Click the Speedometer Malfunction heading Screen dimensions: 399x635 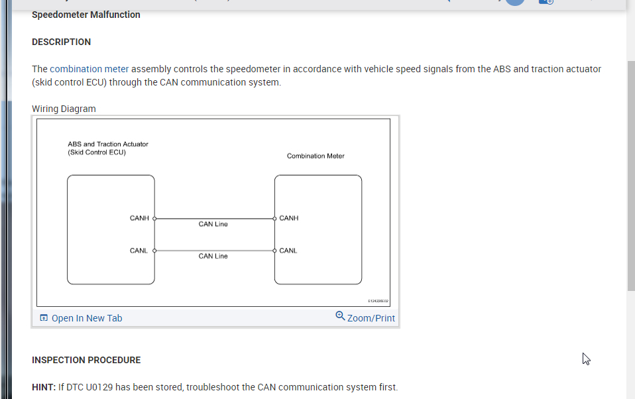pyautogui.click(x=86, y=15)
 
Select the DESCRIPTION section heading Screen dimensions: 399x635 pyautogui.click(x=61, y=42)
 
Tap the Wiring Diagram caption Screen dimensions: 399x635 pyautogui.click(x=64, y=109)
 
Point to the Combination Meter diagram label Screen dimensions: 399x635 pyautogui.click(x=316, y=156)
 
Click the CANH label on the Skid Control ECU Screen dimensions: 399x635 pyautogui.click(x=139, y=218)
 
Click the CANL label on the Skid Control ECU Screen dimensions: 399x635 pyautogui.click(x=139, y=251)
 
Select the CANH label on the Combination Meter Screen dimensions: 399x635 pyautogui.click(x=289, y=218)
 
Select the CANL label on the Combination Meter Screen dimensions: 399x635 pyautogui.click(x=288, y=251)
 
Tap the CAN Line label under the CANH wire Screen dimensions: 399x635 pyautogui.click(x=213, y=224)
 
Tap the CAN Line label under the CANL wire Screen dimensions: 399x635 pyautogui.click(x=213, y=256)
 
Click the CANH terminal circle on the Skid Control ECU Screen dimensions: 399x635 pyautogui.click(x=154, y=218)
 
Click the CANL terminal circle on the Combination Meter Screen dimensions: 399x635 pyautogui.click(x=274, y=251)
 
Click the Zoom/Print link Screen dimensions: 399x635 pyautogui.click(x=371, y=318)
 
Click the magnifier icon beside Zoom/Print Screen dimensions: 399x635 pyautogui.click(x=340, y=316)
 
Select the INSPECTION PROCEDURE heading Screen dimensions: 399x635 pyautogui.click(x=86, y=360)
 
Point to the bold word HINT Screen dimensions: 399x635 pyautogui.click(x=43, y=387)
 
